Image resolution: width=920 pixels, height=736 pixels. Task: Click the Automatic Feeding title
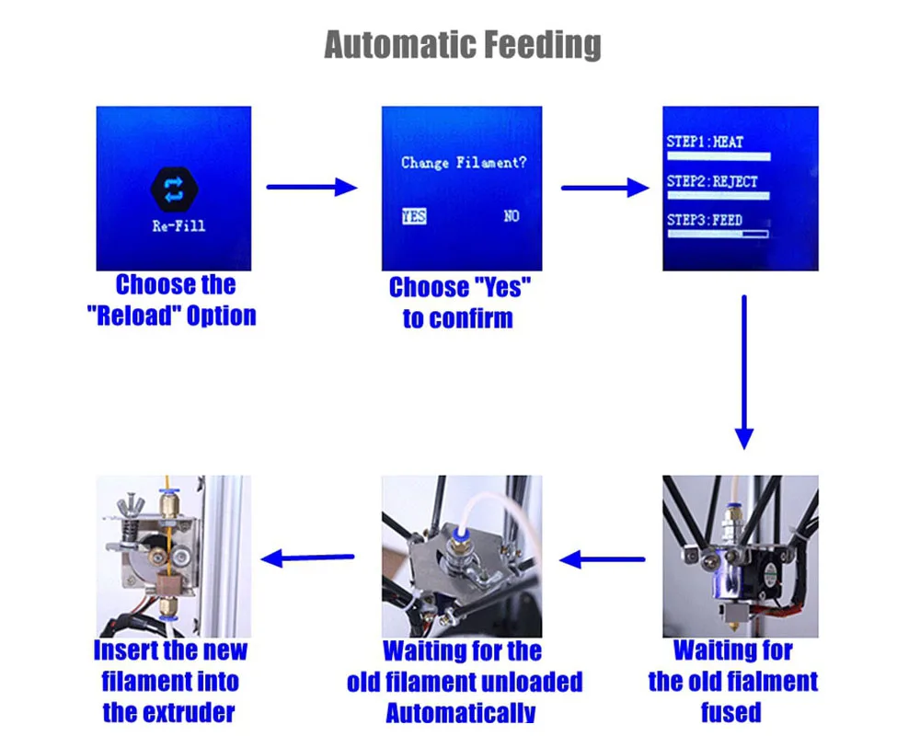point(463,44)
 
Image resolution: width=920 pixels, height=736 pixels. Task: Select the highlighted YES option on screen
point(414,216)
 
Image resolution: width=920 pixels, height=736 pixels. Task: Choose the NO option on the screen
point(512,216)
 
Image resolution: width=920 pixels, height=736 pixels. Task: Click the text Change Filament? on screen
point(464,163)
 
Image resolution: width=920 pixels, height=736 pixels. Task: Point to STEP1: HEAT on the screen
point(705,143)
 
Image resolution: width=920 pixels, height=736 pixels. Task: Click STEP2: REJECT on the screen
point(712,181)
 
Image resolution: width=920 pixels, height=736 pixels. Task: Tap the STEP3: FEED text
point(705,220)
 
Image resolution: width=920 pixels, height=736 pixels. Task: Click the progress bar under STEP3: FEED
point(718,234)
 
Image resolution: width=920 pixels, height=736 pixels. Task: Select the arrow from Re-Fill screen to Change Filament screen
point(311,188)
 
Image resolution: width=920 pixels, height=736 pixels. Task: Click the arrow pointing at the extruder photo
point(308,558)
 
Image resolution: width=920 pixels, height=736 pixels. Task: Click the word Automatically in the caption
point(460,712)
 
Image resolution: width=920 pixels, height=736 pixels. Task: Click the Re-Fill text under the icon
point(178,226)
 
